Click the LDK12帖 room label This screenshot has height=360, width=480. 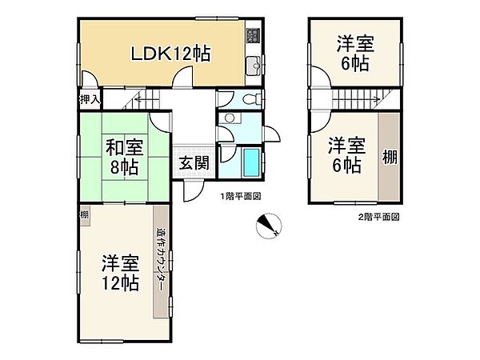point(171,54)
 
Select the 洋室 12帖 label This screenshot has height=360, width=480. point(119,272)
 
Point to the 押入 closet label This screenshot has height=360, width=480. point(90,99)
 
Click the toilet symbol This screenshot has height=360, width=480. point(249,100)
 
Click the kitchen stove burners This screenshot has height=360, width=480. point(254,34)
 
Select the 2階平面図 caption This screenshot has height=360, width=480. point(378,217)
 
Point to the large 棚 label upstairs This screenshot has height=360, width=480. point(390,157)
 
